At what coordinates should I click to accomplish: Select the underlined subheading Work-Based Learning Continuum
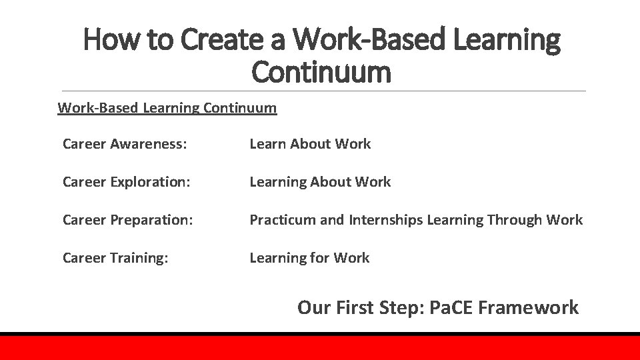click(x=167, y=107)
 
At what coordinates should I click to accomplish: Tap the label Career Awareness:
click(x=124, y=144)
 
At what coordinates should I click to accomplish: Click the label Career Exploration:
click(x=127, y=182)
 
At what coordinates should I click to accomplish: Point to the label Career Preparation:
click(x=128, y=220)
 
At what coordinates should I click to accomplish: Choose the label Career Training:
click(x=115, y=258)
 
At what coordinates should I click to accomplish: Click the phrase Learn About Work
click(x=310, y=144)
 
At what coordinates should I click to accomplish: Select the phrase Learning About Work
click(x=320, y=182)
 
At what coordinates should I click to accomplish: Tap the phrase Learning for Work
click(x=309, y=258)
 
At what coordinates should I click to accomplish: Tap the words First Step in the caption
click(x=374, y=307)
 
